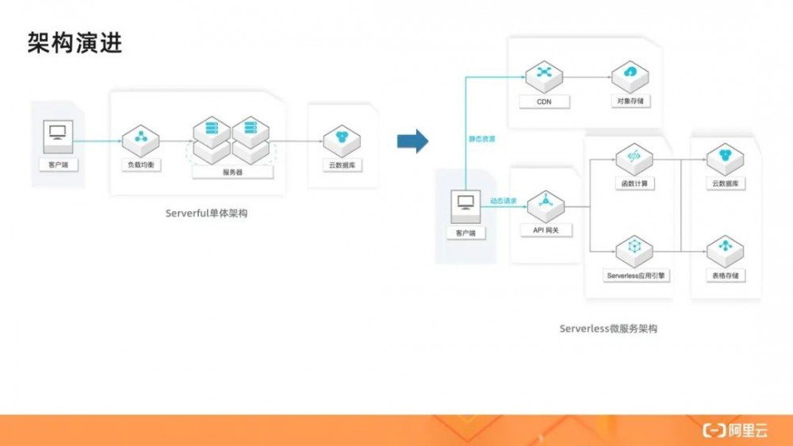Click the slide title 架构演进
tap(75, 44)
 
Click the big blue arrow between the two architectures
tap(412, 142)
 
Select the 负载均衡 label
tap(142, 166)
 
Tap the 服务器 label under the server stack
tap(232, 172)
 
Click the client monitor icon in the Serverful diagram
tap(56, 131)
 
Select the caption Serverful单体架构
tap(206, 213)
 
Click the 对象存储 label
tap(630, 102)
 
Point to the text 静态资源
tap(481, 139)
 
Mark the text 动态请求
tap(504, 202)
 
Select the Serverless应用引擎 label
tap(634, 275)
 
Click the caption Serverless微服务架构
tap(609, 328)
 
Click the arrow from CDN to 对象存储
tap(587, 77)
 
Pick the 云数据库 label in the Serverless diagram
tap(724, 184)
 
